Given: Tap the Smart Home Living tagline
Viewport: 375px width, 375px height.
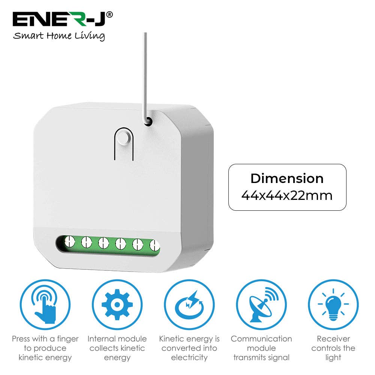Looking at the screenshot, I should click(59, 36).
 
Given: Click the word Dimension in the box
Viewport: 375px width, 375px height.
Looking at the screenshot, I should click(287, 178).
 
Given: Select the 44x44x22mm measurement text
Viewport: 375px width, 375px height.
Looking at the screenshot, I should click(287, 195).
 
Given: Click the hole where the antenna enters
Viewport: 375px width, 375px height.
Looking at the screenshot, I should click(148, 121).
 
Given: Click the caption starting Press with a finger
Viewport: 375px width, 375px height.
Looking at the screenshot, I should click(45, 348).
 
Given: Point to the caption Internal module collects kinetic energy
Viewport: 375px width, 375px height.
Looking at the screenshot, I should click(117, 348).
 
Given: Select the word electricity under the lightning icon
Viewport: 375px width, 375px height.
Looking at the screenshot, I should click(189, 357).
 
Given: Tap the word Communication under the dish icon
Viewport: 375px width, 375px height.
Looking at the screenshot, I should click(261, 339).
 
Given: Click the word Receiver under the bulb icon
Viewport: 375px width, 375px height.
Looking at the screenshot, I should click(333, 339).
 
